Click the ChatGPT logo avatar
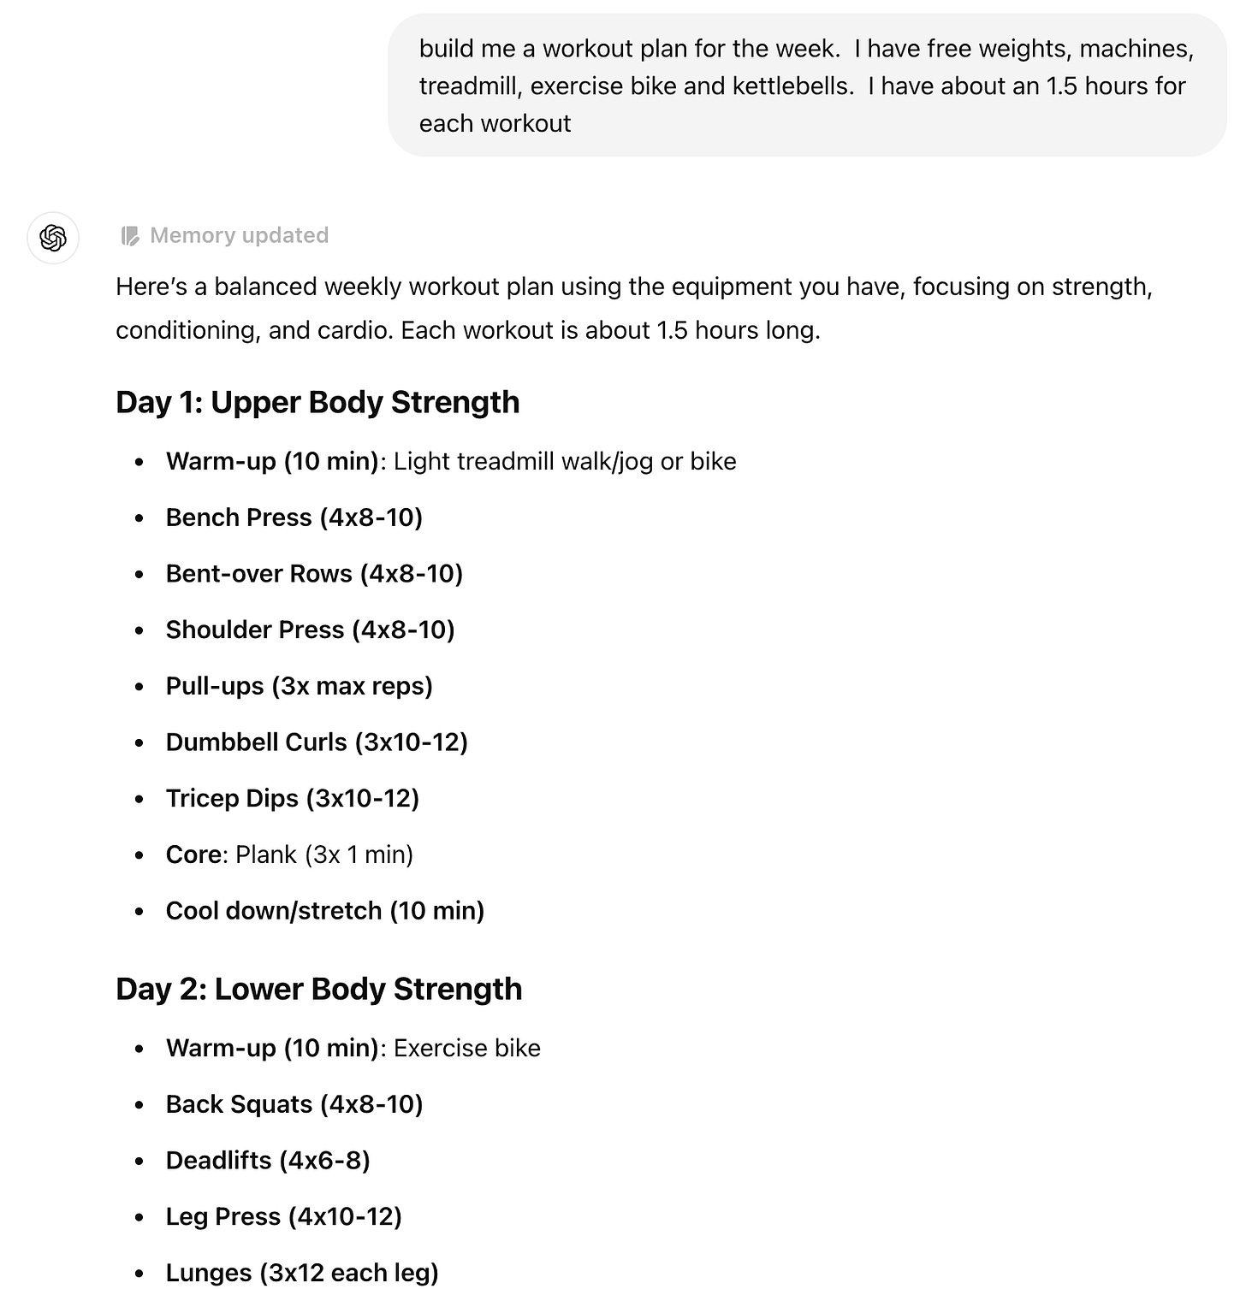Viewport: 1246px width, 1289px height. (x=53, y=237)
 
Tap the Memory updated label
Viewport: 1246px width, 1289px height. (x=239, y=235)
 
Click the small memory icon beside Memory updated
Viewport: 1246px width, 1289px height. (x=130, y=236)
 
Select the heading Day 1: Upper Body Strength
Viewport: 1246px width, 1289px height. (x=317, y=402)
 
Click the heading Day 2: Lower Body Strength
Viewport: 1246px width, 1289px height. (x=318, y=989)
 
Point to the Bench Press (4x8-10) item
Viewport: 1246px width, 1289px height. (x=294, y=517)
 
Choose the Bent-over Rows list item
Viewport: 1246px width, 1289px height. (x=314, y=573)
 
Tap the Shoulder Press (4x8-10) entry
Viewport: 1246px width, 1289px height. (x=310, y=630)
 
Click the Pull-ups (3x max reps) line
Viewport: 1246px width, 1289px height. (x=299, y=686)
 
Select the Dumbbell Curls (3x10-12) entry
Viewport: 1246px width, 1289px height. (x=317, y=742)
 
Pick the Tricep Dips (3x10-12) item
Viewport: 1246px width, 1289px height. (x=292, y=798)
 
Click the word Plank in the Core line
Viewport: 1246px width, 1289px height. (x=266, y=854)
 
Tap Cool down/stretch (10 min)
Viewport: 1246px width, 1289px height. (x=324, y=910)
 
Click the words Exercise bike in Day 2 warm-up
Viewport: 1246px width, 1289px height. (x=467, y=1048)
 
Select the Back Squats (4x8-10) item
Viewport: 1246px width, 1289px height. (x=294, y=1104)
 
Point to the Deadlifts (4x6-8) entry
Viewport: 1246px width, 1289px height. (x=268, y=1160)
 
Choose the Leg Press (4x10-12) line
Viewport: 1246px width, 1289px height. (x=283, y=1216)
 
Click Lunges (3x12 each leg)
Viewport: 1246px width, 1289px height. (x=302, y=1273)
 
